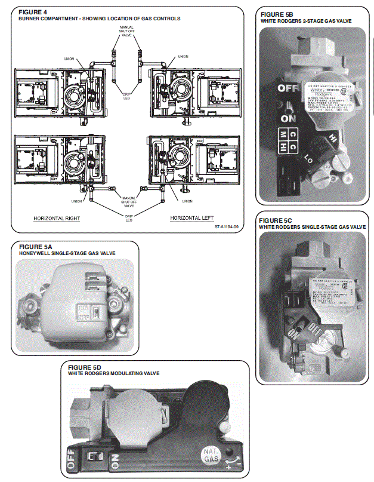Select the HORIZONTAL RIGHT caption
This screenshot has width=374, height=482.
tap(56, 218)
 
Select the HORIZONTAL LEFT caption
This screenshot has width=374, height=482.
tap(191, 218)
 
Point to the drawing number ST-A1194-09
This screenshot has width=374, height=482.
tap(227, 227)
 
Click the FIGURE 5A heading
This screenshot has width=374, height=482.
tap(36, 247)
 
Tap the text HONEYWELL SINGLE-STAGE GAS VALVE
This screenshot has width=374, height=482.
tap(67, 253)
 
